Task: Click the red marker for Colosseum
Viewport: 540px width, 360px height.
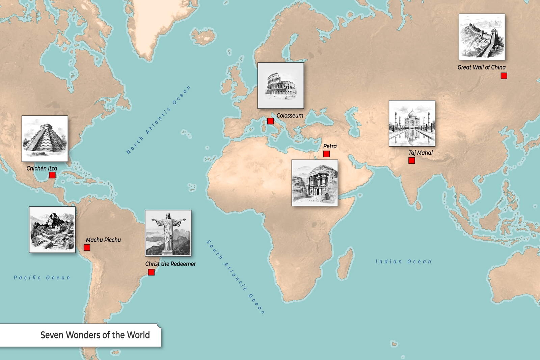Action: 270,121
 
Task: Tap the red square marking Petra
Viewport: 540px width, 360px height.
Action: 326,154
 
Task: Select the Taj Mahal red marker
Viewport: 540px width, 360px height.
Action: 412,161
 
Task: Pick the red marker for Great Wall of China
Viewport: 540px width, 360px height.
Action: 504,76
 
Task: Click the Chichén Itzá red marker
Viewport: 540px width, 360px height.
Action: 52,175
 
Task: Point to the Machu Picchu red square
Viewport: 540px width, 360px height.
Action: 87,248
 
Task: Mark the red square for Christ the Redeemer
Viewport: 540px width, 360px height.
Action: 151,272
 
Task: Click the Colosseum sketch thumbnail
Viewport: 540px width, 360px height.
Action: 281,85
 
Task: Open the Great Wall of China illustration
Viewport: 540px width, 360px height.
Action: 482,37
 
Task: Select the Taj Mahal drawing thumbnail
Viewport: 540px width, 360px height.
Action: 412,123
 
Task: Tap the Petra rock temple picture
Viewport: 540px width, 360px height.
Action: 315,183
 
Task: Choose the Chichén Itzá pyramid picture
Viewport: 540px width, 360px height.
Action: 45,138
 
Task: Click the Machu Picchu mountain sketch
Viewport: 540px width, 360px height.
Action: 52,230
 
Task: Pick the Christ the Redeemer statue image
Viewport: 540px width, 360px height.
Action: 168,233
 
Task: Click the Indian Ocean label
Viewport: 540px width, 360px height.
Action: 403,262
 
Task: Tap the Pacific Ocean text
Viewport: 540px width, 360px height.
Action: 42,278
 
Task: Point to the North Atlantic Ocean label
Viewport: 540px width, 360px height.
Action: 159,120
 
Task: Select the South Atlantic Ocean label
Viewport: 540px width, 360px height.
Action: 236,277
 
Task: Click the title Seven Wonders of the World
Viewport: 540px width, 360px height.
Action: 95,335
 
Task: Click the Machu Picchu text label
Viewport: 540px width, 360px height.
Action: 103,240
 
